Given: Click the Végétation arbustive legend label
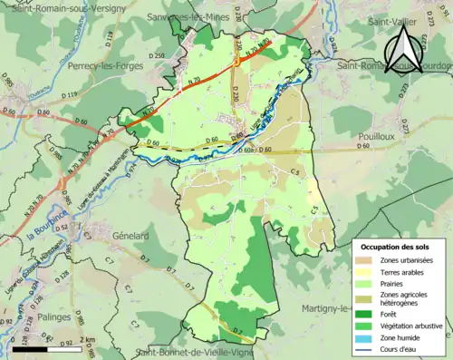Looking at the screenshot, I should [x=412, y=320].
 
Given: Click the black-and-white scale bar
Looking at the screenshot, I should [x=41, y=348].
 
